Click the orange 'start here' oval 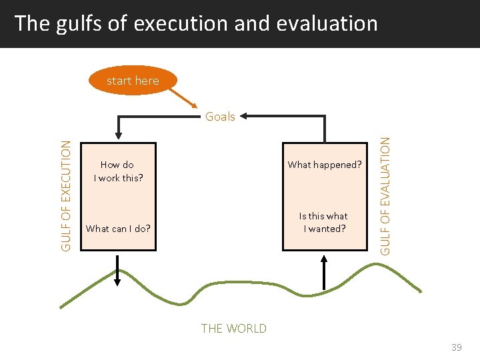click(133, 81)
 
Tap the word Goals click(220, 117)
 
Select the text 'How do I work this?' click(117, 171)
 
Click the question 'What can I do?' click(118, 229)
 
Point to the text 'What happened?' click(324, 165)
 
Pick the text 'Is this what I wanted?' click(323, 222)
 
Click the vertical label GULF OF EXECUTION click(66, 197)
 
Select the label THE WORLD click(233, 328)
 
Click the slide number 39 click(457, 347)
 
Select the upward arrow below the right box click(323, 271)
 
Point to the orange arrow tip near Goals click(195, 107)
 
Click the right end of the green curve click(420, 291)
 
